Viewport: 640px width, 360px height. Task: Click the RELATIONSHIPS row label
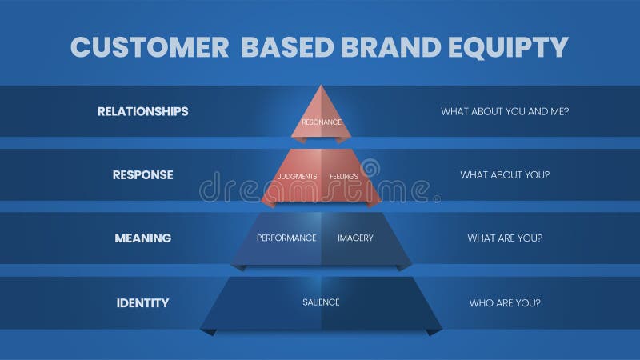pyautogui.click(x=142, y=111)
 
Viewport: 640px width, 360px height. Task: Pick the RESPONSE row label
pyautogui.click(x=142, y=174)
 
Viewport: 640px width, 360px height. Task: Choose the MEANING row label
pyautogui.click(x=142, y=238)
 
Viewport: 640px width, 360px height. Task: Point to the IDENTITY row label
pyautogui.click(x=142, y=302)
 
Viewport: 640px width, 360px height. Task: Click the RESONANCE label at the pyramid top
pyautogui.click(x=322, y=122)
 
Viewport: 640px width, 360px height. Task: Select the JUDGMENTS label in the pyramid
pyautogui.click(x=297, y=176)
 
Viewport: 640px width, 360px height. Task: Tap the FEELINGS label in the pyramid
pyautogui.click(x=343, y=176)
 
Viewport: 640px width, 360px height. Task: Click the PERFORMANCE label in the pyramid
pyautogui.click(x=286, y=238)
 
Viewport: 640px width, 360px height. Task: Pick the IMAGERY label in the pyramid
pyautogui.click(x=355, y=238)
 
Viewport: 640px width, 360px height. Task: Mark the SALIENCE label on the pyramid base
pyautogui.click(x=321, y=302)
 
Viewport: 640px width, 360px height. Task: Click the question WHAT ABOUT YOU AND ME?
pyautogui.click(x=505, y=111)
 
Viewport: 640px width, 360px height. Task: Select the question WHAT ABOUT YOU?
pyautogui.click(x=505, y=174)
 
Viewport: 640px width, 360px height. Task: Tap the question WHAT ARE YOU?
pyautogui.click(x=505, y=238)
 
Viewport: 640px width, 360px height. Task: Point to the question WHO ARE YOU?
pyautogui.click(x=505, y=302)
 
